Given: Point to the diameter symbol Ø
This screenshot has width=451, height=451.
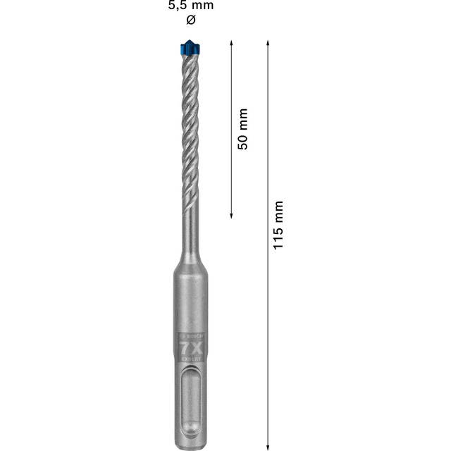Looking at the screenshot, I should (190, 20).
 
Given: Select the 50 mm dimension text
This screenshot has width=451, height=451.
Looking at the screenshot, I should (243, 129).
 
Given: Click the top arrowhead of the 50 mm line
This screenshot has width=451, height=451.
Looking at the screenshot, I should (232, 44).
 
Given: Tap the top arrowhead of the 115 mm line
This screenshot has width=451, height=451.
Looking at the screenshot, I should (268, 44).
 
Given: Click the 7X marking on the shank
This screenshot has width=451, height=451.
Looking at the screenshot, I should (190, 349).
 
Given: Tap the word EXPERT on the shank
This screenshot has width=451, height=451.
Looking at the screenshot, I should (190, 360).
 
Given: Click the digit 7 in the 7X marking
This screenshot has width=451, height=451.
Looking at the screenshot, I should (185, 349).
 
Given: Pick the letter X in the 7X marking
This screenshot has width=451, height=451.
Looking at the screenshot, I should (196, 349).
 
